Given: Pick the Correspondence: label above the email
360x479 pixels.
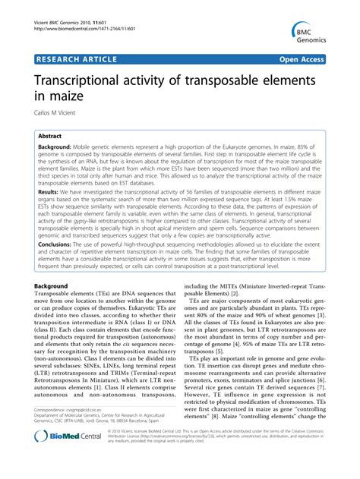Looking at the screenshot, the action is pyautogui.click(x=55, y=430).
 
